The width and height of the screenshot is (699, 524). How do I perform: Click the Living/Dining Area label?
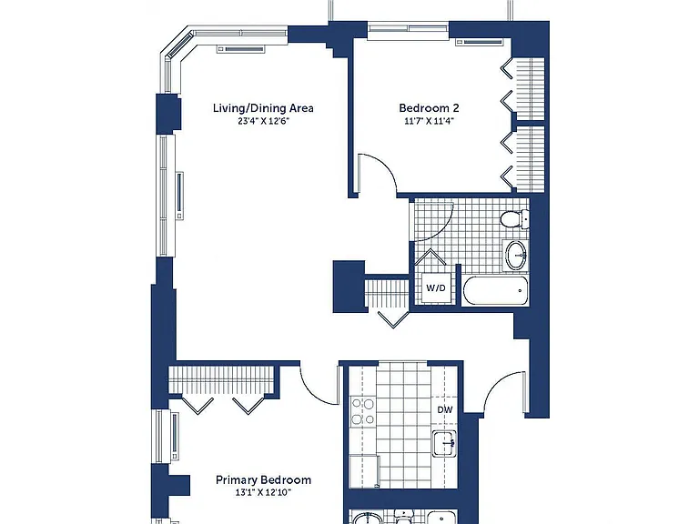pos(263,108)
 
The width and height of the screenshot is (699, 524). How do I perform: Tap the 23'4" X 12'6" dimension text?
pos(263,121)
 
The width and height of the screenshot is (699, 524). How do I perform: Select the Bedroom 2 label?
pos(429,108)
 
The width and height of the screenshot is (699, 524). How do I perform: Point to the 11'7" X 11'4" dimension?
pos(429,121)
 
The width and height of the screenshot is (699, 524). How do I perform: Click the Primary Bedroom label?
pos(263,480)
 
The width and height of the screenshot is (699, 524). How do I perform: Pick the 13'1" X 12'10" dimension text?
pos(263,493)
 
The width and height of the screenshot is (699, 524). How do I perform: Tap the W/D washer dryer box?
pos(436,287)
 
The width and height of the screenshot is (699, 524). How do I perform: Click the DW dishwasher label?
pos(445,410)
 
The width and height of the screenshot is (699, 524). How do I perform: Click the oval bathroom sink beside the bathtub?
pos(516,256)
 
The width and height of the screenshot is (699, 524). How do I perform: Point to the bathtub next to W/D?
pos(495,290)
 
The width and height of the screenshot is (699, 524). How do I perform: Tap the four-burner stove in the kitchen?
pos(362,412)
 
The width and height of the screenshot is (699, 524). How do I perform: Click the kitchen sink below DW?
pos(444,443)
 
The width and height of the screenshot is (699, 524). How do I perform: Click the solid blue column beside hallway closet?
pos(349,286)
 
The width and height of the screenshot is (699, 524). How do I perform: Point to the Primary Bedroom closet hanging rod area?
pos(220,379)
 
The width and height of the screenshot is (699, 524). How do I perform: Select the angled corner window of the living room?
pos(178,49)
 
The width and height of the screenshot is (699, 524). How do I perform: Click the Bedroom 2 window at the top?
pos(408,29)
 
